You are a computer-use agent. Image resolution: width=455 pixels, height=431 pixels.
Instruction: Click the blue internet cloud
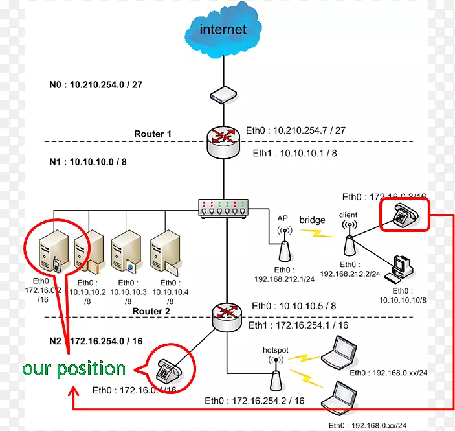pyautogui.click(x=223, y=31)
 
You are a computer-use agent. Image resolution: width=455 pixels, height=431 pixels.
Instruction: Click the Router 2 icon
pyautogui.click(x=227, y=314)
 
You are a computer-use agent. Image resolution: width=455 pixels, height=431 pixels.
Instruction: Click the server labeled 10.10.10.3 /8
pyautogui.click(x=124, y=253)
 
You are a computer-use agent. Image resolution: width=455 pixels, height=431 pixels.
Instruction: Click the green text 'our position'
pyautogui.click(x=74, y=369)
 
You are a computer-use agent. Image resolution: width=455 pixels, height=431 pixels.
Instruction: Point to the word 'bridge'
pyautogui.click(x=312, y=220)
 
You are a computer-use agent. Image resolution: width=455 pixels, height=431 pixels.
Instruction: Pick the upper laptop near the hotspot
pyautogui.click(x=340, y=353)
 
